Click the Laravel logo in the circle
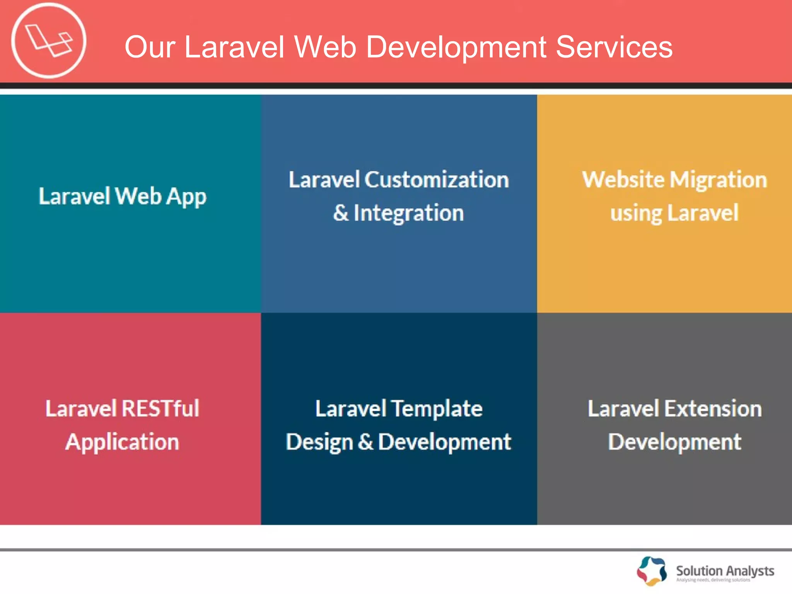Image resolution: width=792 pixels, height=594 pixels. (x=49, y=40)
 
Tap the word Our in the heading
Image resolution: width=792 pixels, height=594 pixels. (x=150, y=47)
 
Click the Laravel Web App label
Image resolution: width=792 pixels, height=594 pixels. (x=122, y=196)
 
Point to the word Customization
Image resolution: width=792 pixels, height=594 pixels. (x=437, y=180)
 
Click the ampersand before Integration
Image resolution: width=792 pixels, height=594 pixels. (x=341, y=213)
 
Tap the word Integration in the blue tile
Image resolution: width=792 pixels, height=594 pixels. (x=408, y=213)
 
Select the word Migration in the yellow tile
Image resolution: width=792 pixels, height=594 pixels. (x=718, y=180)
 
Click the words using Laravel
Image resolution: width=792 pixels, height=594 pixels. (x=674, y=213)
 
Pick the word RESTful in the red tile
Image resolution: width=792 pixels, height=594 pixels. (x=160, y=408)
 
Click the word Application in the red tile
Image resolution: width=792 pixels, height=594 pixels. (x=122, y=442)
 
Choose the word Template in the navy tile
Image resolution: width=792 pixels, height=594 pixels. (x=437, y=408)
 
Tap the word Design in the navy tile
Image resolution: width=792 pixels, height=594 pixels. (x=319, y=442)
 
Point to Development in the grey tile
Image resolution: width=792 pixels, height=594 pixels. (x=674, y=442)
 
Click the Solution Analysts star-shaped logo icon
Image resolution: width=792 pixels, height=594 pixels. (x=652, y=571)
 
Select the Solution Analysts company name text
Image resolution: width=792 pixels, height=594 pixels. (x=725, y=571)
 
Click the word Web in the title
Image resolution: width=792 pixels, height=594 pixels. (x=325, y=47)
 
